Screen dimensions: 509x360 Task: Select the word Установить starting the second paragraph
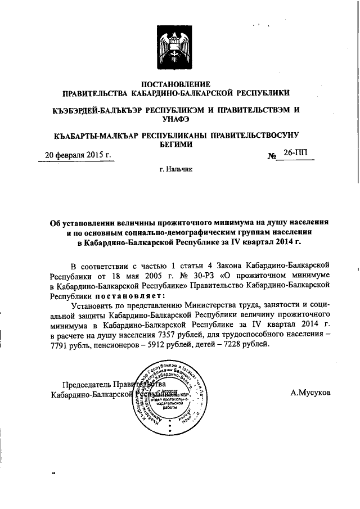[92, 304]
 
